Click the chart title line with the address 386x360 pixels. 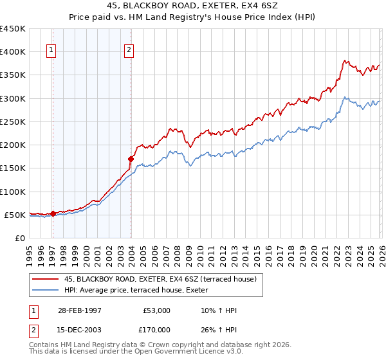[193, 5]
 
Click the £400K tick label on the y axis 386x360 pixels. [13, 52]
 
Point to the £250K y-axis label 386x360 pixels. [13, 122]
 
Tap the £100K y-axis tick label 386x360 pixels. [13, 192]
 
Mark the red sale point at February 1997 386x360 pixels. [53, 213]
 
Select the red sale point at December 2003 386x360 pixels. [131, 158]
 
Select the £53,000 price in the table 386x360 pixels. [156, 310]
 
